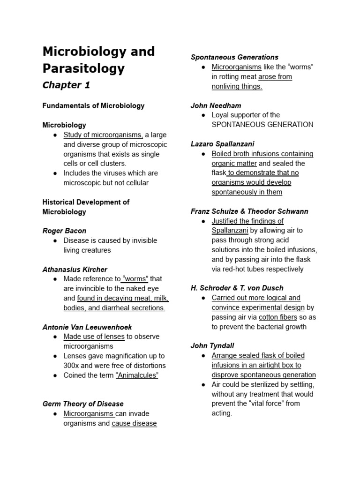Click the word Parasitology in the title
tap(83, 68)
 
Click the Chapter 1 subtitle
tap(66, 85)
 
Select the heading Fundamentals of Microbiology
tap(93, 105)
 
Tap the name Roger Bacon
tap(64, 231)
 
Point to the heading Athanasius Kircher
tap(75, 270)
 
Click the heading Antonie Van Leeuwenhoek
tap(87, 327)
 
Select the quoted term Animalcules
tap(137, 375)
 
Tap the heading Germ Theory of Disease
tap(83, 404)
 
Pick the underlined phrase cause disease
tap(134, 423)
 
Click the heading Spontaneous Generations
tap(234, 57)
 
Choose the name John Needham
tap(216, 105)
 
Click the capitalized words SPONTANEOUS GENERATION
tap(262, 125)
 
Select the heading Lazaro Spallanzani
tap(222, 144)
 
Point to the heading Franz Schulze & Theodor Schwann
tap(249, 211)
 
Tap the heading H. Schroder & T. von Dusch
tap(237, 288)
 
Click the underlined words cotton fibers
tap(278, 317)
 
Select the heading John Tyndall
tap(210, 346)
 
